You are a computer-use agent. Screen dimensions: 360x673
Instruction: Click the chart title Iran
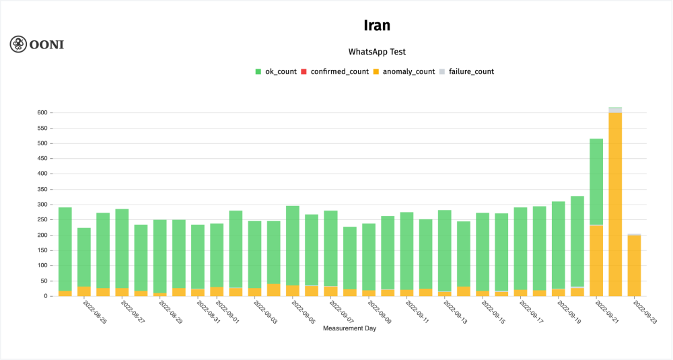[x=377, y=26]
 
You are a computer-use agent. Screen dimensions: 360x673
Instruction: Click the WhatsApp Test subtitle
[x=377, y=52]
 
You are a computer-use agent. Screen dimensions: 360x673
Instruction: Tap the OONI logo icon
[x=18, y=44]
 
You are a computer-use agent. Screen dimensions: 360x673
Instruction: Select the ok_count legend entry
[x=276, y=71]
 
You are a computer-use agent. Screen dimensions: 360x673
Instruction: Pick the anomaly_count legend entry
[x=404, y=71]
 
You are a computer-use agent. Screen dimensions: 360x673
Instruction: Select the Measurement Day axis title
[x=349, y=328]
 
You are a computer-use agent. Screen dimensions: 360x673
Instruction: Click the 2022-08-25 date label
[x=94, y=312]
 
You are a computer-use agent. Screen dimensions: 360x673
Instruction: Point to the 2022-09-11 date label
[x=416, y=312]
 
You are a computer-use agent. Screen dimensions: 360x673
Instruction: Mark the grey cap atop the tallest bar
[x=615, y=110]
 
